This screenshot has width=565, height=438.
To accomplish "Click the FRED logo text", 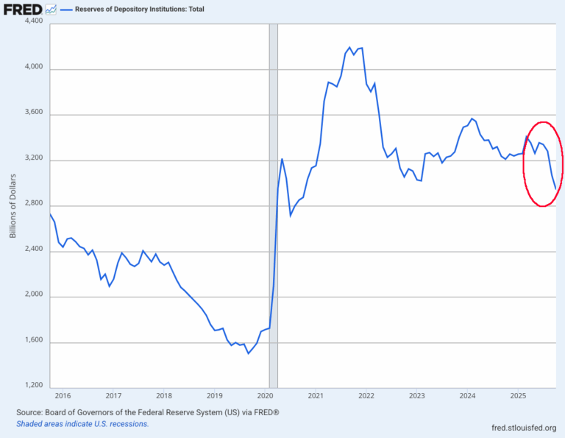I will (x=21, y=10).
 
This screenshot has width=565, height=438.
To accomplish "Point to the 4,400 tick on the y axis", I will (x=33, y=23).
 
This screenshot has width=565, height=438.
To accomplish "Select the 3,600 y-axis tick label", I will (x=33, y=114).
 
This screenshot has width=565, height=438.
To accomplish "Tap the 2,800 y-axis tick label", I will (x=33, y=205).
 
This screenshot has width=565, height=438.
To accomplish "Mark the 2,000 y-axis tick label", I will (x=33, y=297).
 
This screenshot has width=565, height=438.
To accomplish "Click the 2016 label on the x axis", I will (x=63, y=396).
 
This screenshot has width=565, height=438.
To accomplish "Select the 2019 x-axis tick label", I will (x=214, y=396).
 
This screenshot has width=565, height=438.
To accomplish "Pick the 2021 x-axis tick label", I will (x=315, y=396).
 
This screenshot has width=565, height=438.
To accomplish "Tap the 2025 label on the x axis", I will (x=517, y=396).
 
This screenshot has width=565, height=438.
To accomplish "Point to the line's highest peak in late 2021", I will (x=349, y=47).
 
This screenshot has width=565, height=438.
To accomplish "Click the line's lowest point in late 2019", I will (x=248, y=353).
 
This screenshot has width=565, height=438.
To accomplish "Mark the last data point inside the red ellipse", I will (x=555, y=189).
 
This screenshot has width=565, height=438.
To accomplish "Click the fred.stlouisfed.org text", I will (x=524, y=427).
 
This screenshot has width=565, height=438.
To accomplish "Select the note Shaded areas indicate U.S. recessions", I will (x=82, y=424).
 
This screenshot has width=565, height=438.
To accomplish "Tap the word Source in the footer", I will (x=30, y=413).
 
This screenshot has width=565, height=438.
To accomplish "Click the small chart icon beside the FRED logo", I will (x=50, y=10).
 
